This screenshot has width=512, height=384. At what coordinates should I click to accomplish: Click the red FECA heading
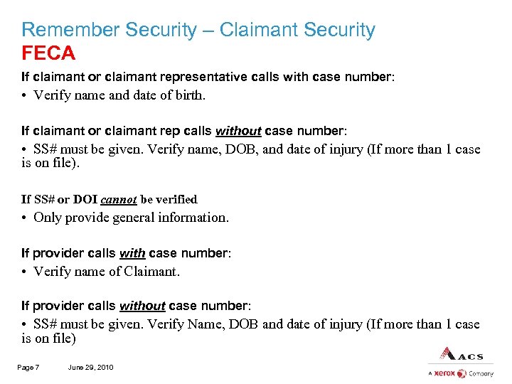click(x=48, y=53)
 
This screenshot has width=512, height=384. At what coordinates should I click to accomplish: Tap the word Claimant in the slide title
click(x=260, y=30)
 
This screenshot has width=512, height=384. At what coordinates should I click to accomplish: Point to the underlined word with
click(x=132, y=253)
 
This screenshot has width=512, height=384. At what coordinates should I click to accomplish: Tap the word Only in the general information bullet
click(x=48, y=218)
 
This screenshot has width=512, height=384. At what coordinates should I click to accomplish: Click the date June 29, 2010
click(x=90, y=367)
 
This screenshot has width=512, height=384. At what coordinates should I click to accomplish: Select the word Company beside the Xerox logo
click(x=481, y=373)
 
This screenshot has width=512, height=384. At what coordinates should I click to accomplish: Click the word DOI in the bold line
click(x=86, y=200)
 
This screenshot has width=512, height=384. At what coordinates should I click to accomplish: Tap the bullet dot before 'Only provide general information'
click(x=24, y=218)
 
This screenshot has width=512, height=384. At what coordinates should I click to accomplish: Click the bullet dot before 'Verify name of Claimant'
click(x=24, y=271)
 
